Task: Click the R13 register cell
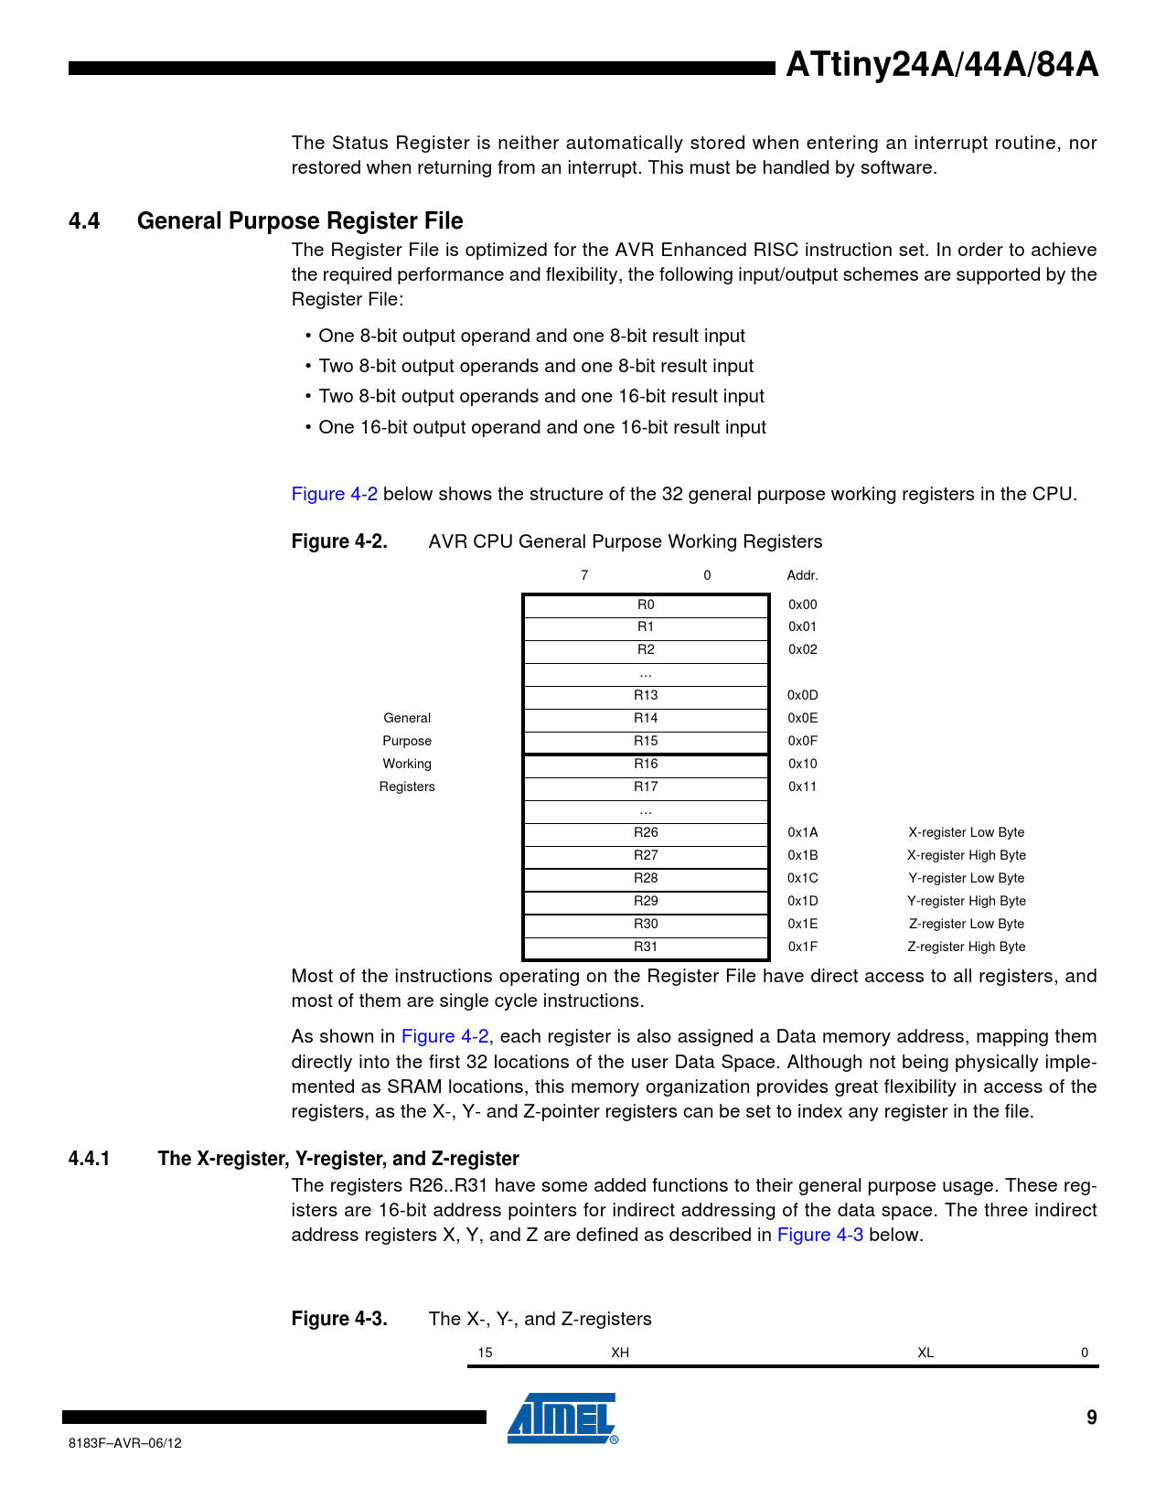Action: [646, 695]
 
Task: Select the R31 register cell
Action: [646, 947]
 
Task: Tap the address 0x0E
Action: [802, 718]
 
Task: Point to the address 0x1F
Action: [802, 947]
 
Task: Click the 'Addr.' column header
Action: [802, 575]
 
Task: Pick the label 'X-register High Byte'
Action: [966, 855]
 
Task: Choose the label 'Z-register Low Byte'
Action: [966, 924]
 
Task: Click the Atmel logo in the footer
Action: [562, 1418]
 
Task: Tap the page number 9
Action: [1091, 1418]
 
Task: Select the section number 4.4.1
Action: [89, 1159]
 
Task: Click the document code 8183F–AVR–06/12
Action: [125, 1443]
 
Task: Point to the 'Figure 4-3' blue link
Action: [819, 1235]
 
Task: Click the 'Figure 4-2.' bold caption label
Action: [339, 541]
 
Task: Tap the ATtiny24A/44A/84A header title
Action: [942, 65]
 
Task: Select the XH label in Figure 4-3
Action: [620, 1353]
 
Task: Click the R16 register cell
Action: [646, 764]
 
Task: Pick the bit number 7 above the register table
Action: [584, 575]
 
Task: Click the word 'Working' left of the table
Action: [407, 764]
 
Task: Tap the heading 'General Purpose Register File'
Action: [300, 220]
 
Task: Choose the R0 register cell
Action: [646, 605]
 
